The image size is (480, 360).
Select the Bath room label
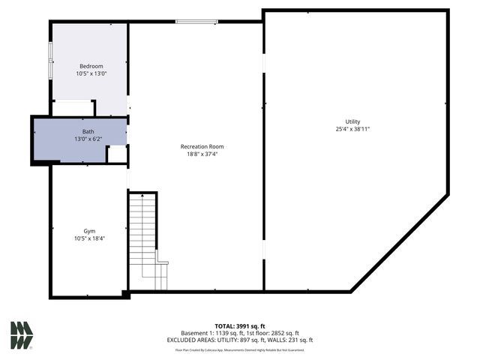(x=88, y=131)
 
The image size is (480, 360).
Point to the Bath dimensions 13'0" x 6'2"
(x=88, y=139)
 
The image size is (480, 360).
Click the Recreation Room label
(x=202, y=146)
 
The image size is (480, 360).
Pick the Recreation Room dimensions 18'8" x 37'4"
(x=202, y=154)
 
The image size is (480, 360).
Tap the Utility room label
(x=352, y=121)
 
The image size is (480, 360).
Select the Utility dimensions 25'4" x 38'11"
(x=352, y=129)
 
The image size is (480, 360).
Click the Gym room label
(x=89, y=231)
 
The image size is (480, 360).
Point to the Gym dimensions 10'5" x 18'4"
(x=89, y=238)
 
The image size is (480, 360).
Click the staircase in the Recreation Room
(x=144, y=240)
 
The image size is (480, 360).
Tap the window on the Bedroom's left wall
(x=50, y=60)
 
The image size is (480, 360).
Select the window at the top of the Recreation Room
(x=196, y=22)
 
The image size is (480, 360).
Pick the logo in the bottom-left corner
(x=22, y=335)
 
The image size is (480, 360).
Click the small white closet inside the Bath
(x=116, y=154)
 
